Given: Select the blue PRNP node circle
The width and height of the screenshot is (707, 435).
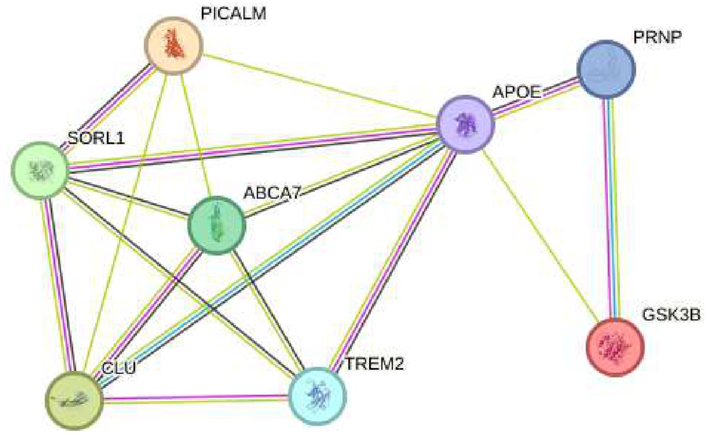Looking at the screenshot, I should pyautogui.click(x=606, y=69).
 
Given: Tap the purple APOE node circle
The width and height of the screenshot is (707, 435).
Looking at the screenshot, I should pyautogui.click(x=465, y=124).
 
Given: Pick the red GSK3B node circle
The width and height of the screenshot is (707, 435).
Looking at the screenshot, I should pyautogui.click(x=615, y=347).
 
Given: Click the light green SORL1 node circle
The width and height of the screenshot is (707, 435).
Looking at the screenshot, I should pyautogui.click(x=40, y=170).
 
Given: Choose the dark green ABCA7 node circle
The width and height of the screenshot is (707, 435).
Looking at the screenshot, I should pyautogui.click(x=217, y=225).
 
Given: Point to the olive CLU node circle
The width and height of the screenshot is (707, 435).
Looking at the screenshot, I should pyautogui.click(x=74, y=400).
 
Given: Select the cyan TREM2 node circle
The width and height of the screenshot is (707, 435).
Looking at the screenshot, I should pyautogui.click(x=317, y=396).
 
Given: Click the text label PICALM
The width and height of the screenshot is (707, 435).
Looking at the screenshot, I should pyautogui.click(x=233, y=14).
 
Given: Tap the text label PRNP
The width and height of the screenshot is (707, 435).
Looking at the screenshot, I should pyautogui.click(x=657, y=37).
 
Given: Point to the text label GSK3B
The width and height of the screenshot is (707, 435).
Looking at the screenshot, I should pyautogui.click(x=671, y=315).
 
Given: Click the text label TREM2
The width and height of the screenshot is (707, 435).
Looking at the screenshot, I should pyautogui.click(x=374, y=364).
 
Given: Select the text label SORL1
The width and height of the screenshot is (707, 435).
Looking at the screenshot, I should pyautogui.click(x=96, y=138).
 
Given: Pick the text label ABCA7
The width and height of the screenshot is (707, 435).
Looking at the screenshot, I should pyautogui.click(x=272, y=193).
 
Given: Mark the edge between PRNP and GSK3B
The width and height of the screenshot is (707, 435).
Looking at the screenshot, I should pyautogui.click(x=610, y=206).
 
